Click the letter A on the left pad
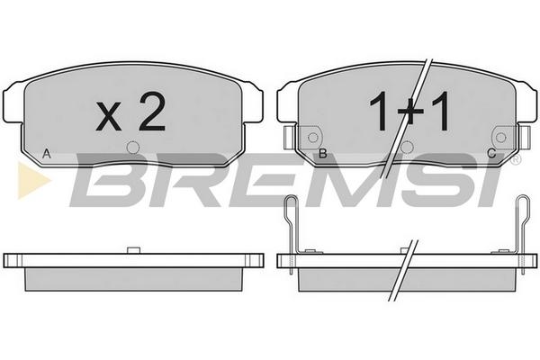pyautogui.click(x=47, y=154)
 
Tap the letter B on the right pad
pyautogui.click(x=323, y=154)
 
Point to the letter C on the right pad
pyautogui.click(x=491, y=153)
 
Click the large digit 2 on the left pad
pyautogui.click(x=152, y=112)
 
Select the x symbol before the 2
pyautogui.click(x=109, y=116)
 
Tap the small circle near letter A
pyautogui.click(x=133, y=148)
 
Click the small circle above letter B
pyautogui.click(x=312, y=138)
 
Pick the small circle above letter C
pyautogui.click(x=500, y=138)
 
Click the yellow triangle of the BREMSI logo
pyautogui.click(x=32, y=181)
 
